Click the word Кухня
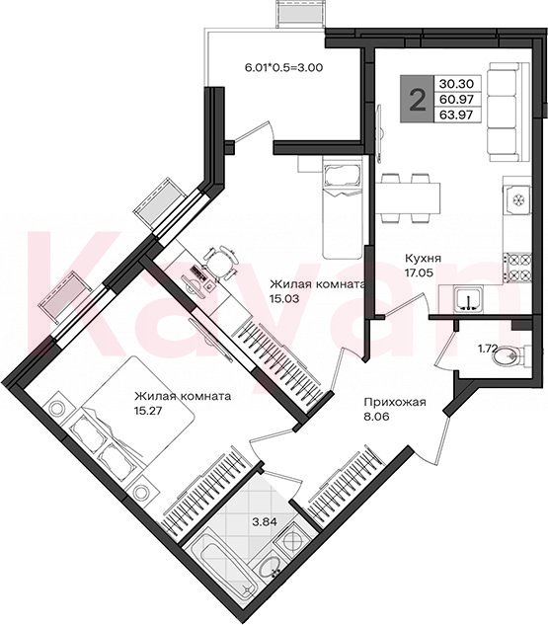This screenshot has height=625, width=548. click(x=423, y=259)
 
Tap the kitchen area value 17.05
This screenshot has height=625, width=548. click(x=420, y=273)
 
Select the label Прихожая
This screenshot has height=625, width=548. click(x=395, y=403)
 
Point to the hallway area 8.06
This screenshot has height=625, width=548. click(x=376, y=417)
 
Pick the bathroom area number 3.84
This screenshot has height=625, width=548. click(x=265, y=520)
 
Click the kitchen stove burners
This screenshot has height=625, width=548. click(x=518, y=267)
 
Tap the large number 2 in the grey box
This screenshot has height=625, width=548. click(x=418, y=99)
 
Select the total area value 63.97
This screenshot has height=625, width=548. click(x=456, y=116)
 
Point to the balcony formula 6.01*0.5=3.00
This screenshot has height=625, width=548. click(x=283, y=67)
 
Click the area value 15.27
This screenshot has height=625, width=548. click(x=148, y=411)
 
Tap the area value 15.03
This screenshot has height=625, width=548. click(x=284, y=298)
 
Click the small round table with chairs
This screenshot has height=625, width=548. click(x=220, y=263)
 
